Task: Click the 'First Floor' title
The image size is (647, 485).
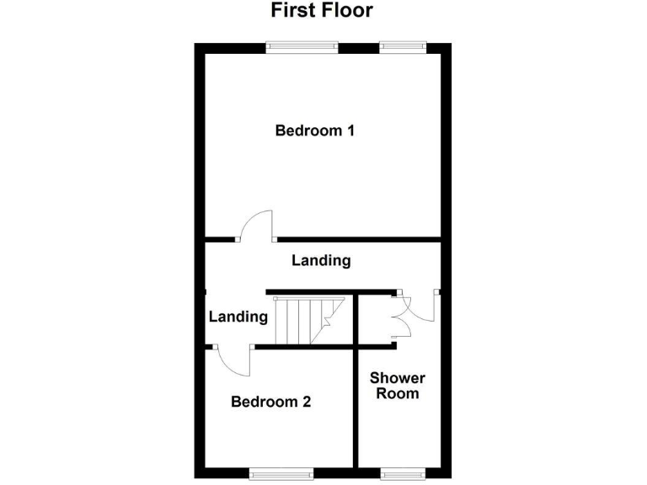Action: pyautogui.click(x=321, y=11)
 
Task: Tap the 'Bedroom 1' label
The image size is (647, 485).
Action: pyautogui.click(x=314, y=131)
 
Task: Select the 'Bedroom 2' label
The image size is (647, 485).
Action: pyautogui.click(x=271, y=402)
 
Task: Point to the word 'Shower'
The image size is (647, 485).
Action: pyautogui.click(x=398, y=378)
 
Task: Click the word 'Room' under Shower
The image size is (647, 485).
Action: pyautogui.click(x=398, y=393)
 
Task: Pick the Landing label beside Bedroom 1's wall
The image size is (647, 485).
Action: pyautogui.click(x=321, y=261)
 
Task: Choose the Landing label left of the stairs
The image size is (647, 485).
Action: pyautogui.click(x=238, y=317)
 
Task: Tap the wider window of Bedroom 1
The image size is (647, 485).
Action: pyautogui.click(x=303, y=47)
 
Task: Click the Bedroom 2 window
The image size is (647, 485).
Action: pyautogui.click(x=281, y=472)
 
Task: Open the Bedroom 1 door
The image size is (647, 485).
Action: pyautogui.click(x=256, y=226)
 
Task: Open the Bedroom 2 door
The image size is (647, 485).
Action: pyautogui.click(x=233, y=361)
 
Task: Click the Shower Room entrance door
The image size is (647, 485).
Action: pyautogui.click(x=425, y=307)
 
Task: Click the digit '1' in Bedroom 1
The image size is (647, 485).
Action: pyautogui.click(x=349, y=131)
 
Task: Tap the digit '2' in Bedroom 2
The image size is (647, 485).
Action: pyautogui.click(x=307, y=402)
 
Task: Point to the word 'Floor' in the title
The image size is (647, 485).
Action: pyautogui.click(x=345, y=11)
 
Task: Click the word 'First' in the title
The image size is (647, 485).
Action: pyautogui.click(x=291, y=11)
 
